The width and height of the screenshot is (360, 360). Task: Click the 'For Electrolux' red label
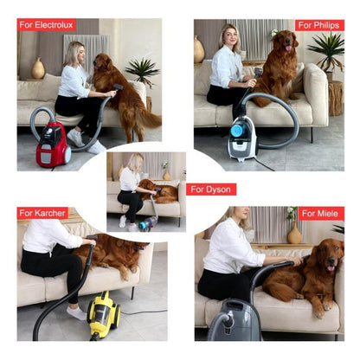coord(47,25)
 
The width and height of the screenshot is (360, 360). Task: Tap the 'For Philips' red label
coord(319,25)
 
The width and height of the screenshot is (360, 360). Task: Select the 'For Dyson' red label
coord(211,189)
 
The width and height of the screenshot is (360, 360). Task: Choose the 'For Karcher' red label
coord(42,213)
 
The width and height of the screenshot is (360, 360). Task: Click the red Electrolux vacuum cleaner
coord(53,145)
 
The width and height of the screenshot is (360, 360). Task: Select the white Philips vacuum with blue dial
coord(241,138)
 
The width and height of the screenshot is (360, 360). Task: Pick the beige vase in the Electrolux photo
coord(38,68)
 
